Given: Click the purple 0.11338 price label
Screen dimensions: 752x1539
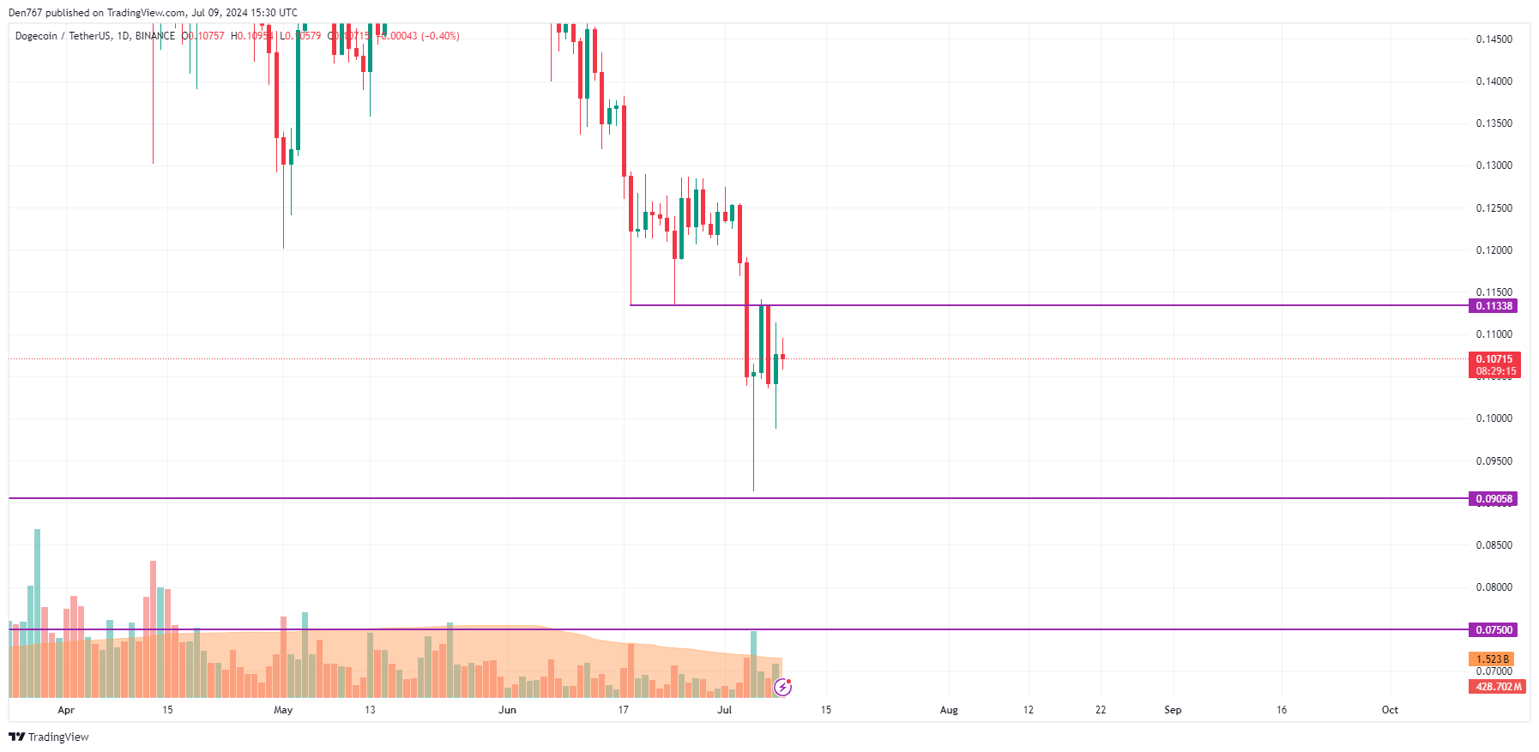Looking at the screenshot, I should point(1494,306).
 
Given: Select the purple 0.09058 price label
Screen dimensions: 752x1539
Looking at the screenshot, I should point(1494,499).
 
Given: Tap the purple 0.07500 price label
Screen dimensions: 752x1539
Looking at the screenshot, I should point(1494,630).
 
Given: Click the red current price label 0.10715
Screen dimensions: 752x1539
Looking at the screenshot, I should point(1494,359).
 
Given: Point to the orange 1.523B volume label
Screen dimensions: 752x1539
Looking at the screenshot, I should point(1492,659).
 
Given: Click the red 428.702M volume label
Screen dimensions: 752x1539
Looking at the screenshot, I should point(1498,687).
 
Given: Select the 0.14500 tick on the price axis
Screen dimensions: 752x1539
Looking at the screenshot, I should point(1494,39).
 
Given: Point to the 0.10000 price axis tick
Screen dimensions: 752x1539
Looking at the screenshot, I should point(1494,418).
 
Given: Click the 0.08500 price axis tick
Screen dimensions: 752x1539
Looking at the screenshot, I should point(1494,545).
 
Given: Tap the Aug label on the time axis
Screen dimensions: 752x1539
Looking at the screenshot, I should point(949,710).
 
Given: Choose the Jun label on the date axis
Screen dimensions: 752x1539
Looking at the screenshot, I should point(508,710).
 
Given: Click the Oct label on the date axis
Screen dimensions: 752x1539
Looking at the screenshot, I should point(1390,710).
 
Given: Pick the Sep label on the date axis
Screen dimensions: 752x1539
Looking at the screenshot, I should point(1173,710).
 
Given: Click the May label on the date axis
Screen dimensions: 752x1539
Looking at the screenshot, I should point(283,710).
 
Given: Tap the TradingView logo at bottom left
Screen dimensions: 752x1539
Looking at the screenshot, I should point(49,737).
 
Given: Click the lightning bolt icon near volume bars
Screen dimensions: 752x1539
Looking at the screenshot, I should point(782,687).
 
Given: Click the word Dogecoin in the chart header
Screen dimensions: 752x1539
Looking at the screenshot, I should point(36,36).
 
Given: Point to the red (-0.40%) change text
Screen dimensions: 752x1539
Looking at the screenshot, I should point(440,36).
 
